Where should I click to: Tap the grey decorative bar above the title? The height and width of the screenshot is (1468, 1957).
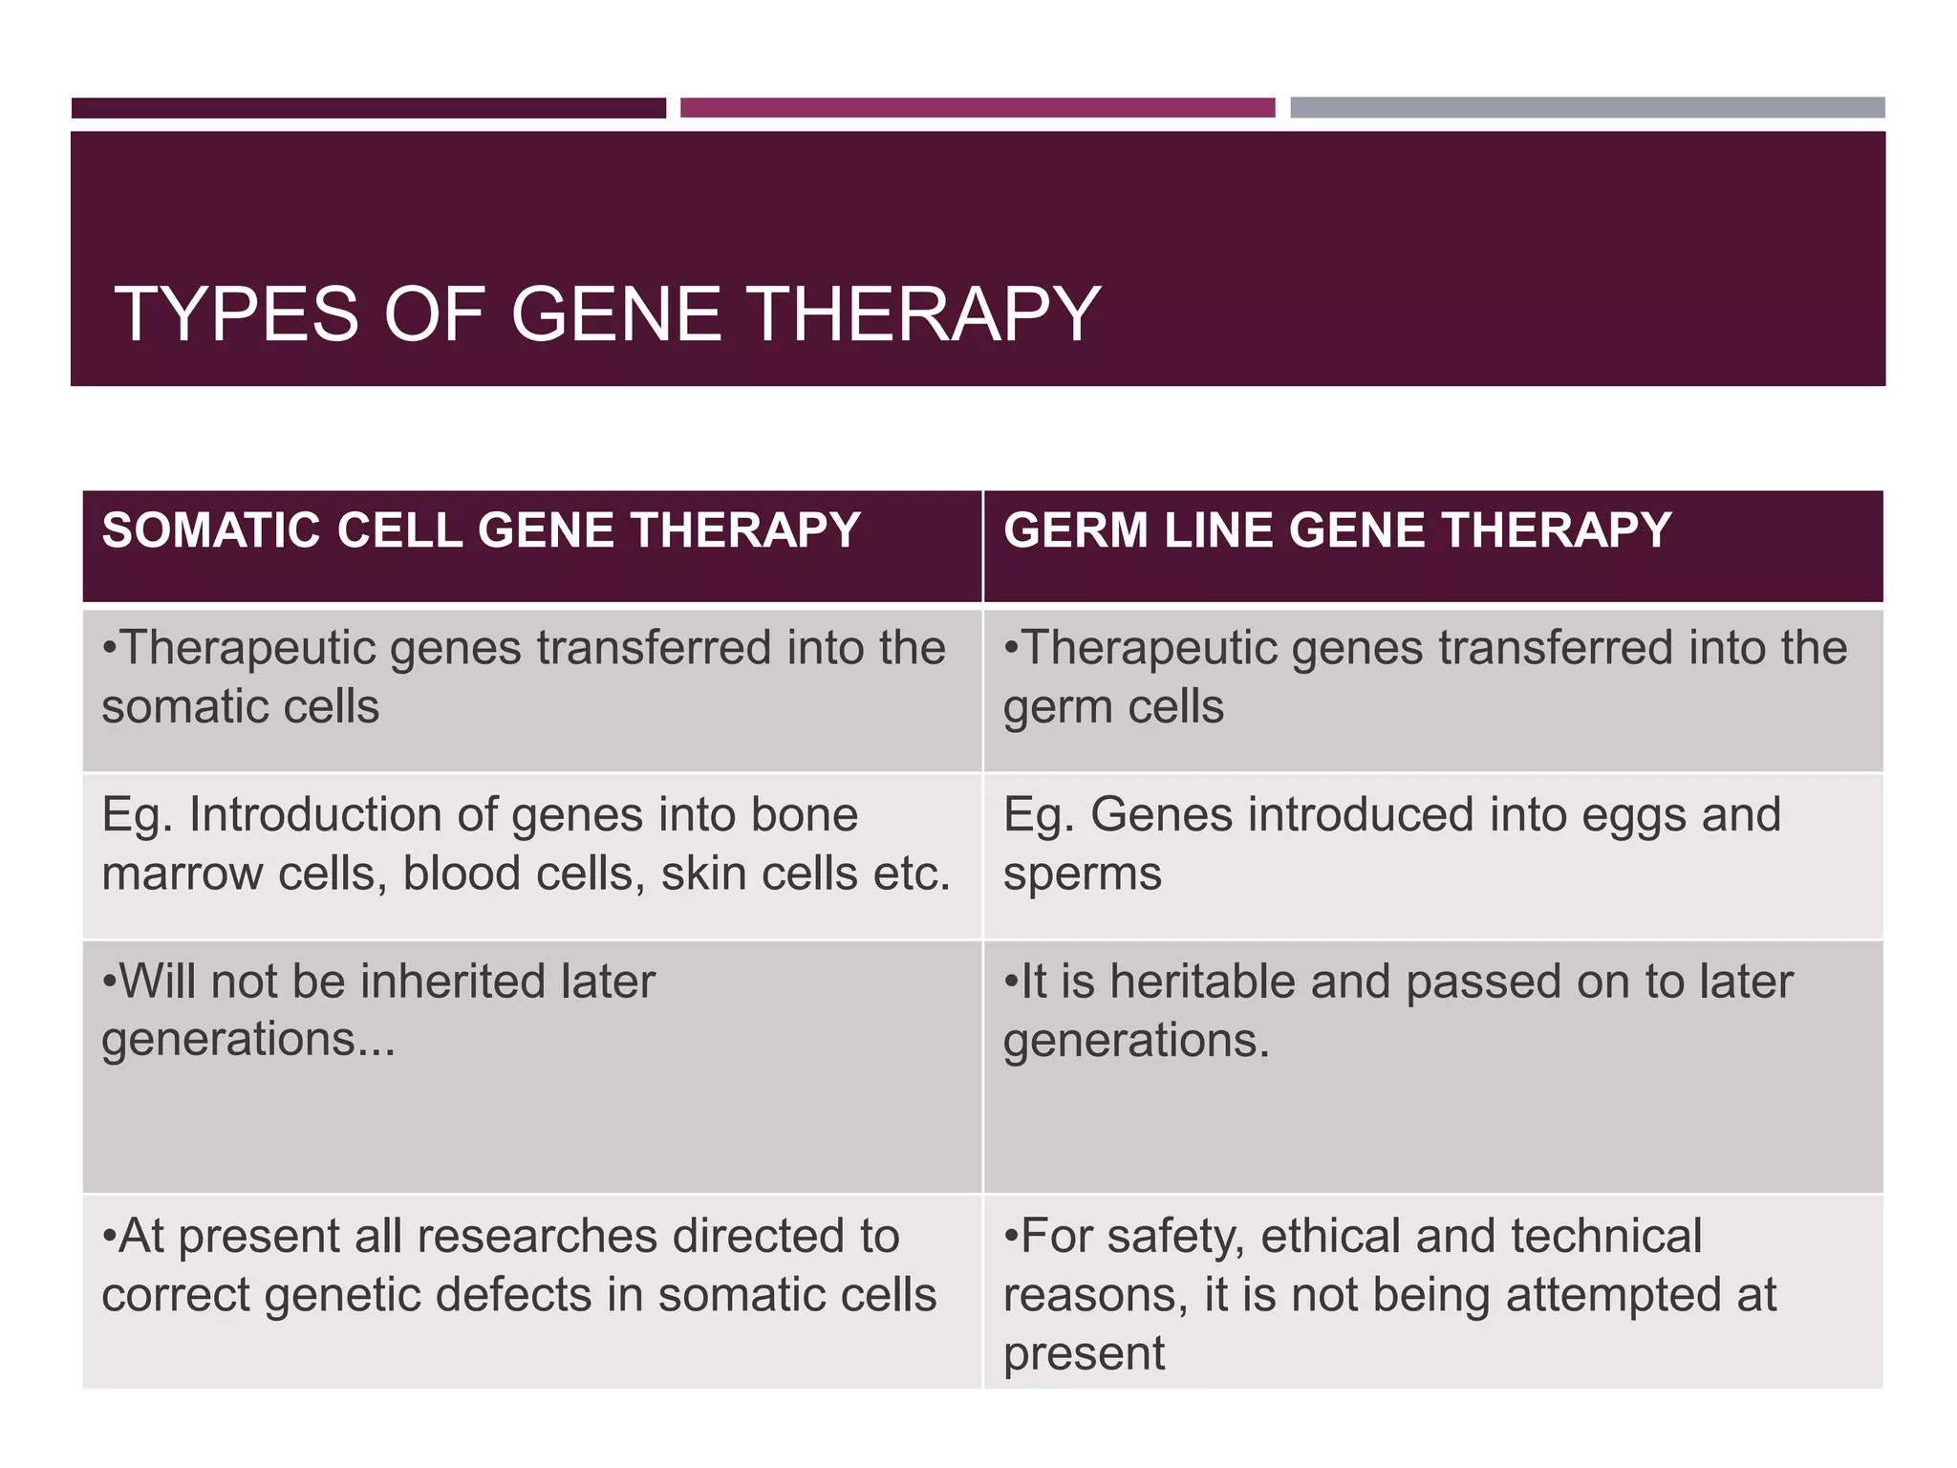[x=1587, y=107]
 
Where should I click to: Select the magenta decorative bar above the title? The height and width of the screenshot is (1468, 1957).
[x=978, y=107]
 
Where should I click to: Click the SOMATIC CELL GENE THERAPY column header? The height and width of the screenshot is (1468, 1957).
[x=481, y=530]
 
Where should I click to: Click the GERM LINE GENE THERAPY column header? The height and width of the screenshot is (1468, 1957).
[x=1337, y=530]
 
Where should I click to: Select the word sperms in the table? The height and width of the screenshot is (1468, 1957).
[x=1082, y=874]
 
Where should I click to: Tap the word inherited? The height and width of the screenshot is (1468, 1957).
[x=451, y=982]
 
